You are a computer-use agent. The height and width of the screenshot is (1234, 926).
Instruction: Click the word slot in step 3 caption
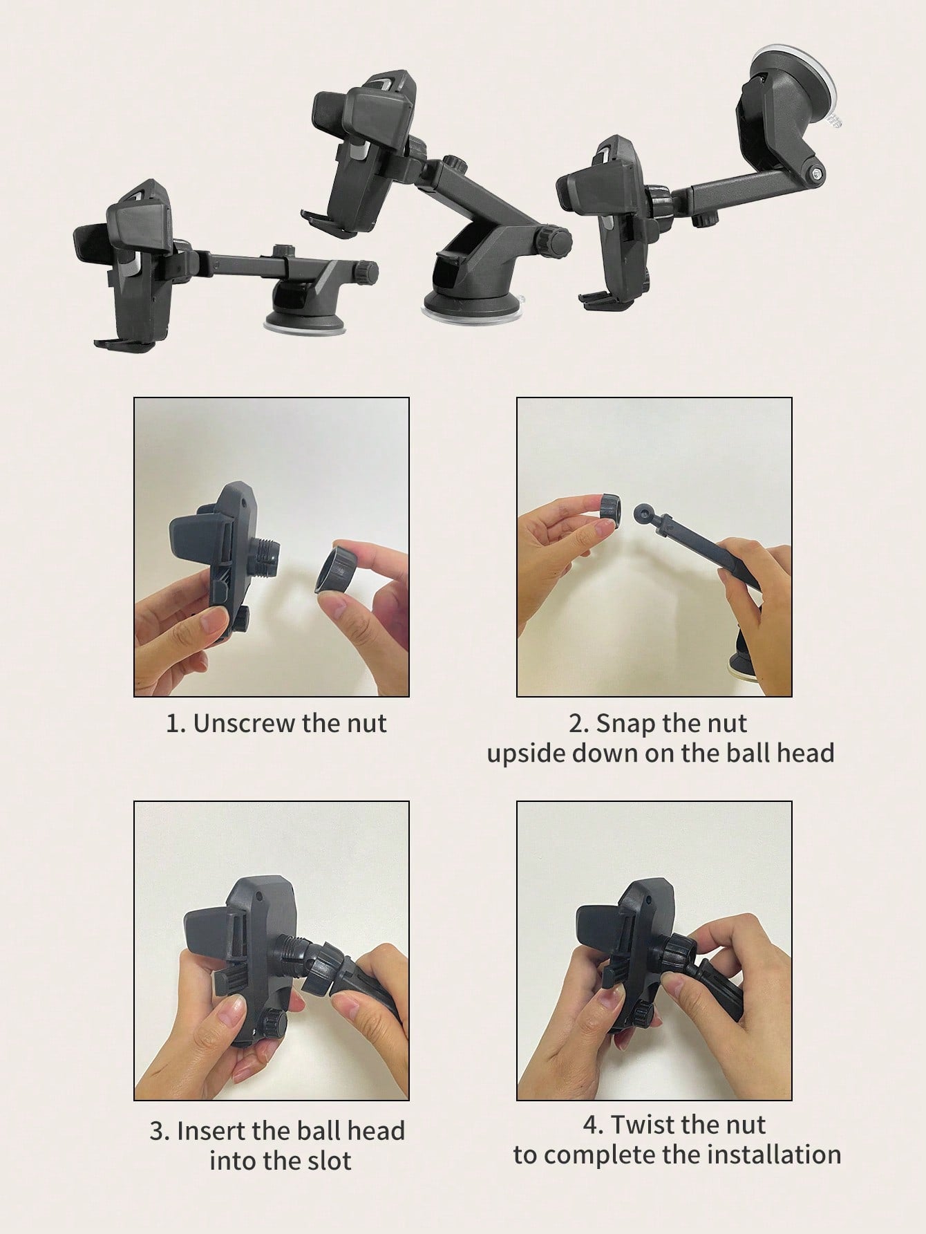click(x=325, y=1161)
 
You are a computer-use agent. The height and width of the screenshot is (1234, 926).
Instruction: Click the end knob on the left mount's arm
click(x=366, y=270)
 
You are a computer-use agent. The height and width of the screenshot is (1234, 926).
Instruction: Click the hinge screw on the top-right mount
click(x=817, y=173)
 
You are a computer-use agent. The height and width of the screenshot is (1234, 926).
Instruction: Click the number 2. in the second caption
click(x=578, y=724)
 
